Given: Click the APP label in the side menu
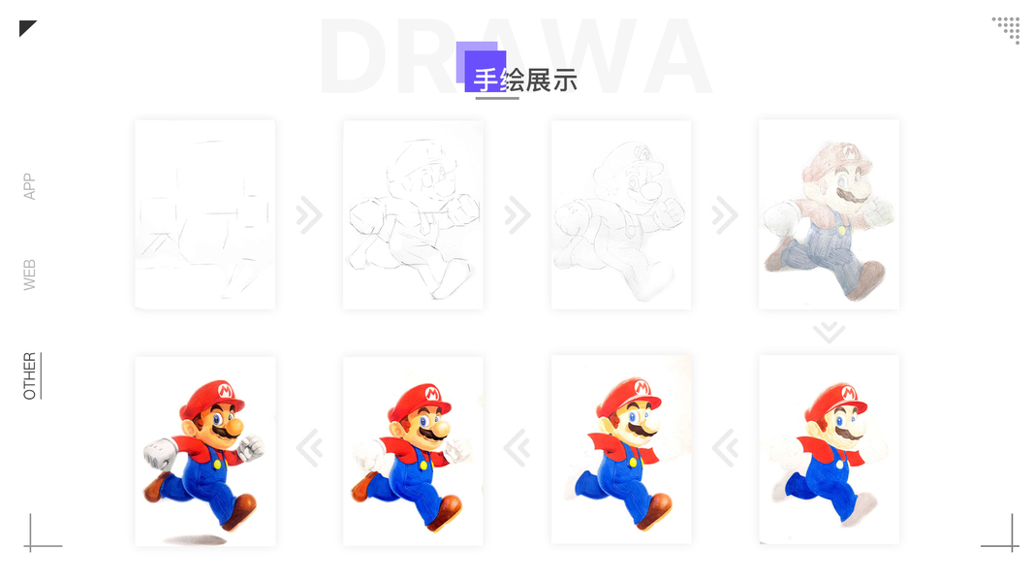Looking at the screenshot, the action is tap(29, 186).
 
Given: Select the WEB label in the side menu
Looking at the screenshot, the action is tap(29, 275).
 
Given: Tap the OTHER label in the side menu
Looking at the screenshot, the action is tap(30, 375).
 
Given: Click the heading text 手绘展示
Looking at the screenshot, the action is tap(525, 81).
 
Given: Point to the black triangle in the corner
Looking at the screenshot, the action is tap(25, 26).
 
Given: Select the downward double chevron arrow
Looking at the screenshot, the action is tap(829, 332).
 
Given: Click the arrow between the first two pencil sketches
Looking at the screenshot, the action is tap(308, 214).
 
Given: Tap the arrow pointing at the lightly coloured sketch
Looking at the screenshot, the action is tap(725, 214).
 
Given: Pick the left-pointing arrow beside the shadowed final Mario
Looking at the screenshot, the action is tap(308, 448).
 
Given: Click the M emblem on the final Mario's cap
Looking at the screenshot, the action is tap(226, 391).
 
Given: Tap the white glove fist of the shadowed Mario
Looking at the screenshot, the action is tap(160, 454).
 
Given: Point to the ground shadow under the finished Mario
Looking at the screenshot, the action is tap(195, 539).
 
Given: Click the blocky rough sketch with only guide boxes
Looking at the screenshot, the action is tap(205, 214).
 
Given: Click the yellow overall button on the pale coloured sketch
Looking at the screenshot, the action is tap(841, 231).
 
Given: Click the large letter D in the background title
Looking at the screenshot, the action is tap(354, 57).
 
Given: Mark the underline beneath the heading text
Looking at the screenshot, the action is tap(497, 98).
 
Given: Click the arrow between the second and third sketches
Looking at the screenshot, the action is tap(517, 214).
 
